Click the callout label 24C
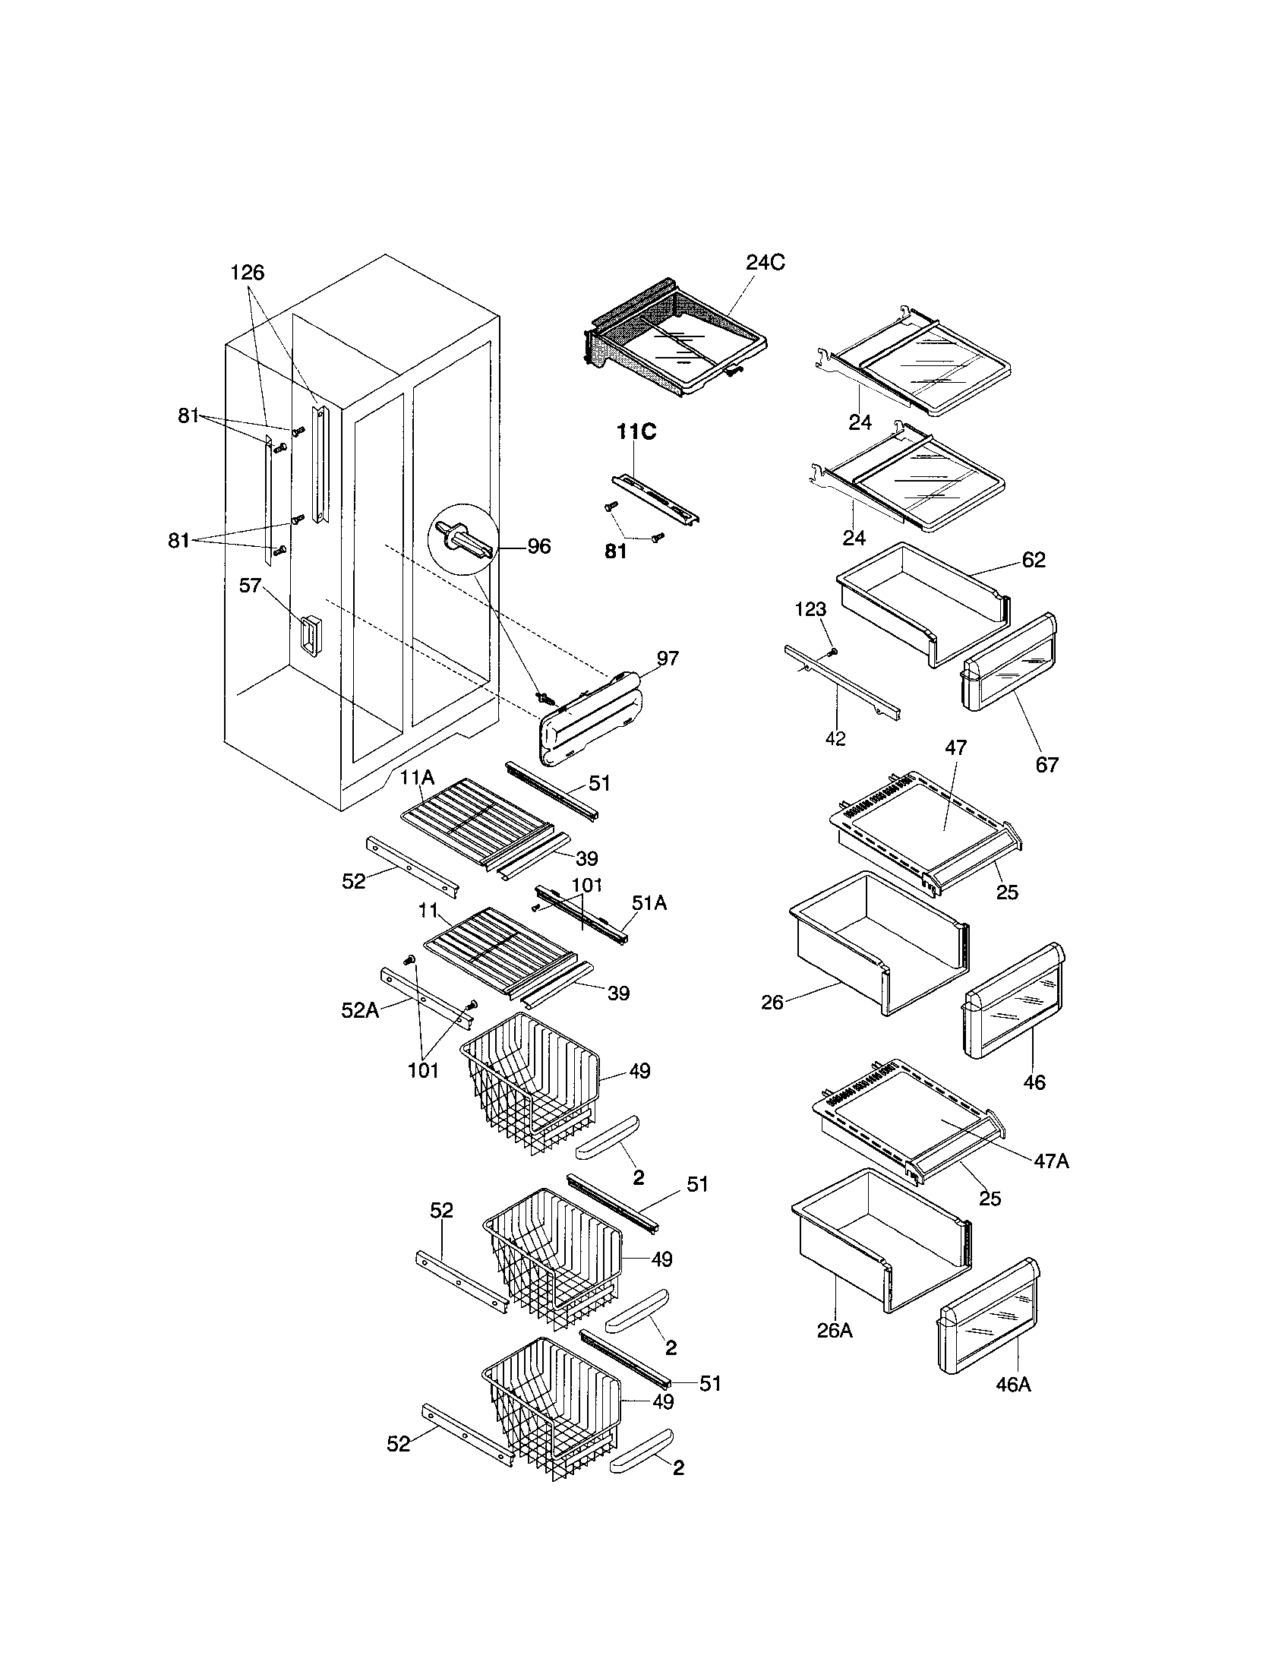click(765, 264)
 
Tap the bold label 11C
click(636, 432)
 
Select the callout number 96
click(539, 546)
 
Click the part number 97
click(667, 659)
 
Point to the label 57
click(251, 586)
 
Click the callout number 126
click(247, 273)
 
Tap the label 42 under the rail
click(835, 739)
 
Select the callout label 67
click(1046, 763)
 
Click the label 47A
click(1052, 1161)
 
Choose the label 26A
click(835, 1331)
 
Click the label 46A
click(1013, 1384)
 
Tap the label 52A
click(360, 1010)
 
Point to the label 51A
click(649, 904)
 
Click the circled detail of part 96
click(463, 539)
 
